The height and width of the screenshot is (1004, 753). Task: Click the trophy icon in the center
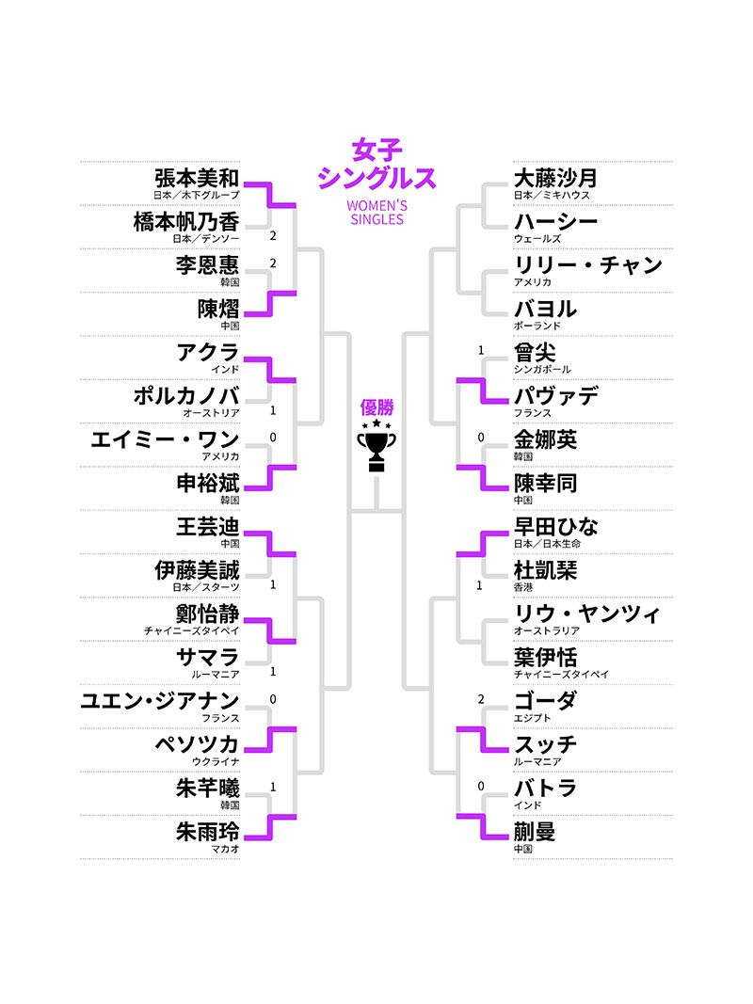tap(376, 445)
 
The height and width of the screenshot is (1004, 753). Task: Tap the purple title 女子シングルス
tap(376, 165)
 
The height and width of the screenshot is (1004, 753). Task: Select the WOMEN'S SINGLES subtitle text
tap(376, 213)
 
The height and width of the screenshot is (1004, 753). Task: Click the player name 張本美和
tap(197, 177)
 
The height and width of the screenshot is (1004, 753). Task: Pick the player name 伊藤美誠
tap(197, 570)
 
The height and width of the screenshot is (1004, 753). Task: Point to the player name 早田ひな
tap(555, 526)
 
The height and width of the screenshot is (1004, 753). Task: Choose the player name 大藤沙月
tap(555, 177)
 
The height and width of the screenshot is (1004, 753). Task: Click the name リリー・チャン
tap(587, 264)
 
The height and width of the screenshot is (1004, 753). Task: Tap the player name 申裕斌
tap(207, 483)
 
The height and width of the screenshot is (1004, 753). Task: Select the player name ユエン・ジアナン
tap(160, 700)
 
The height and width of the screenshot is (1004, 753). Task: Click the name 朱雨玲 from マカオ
tap(207, 831)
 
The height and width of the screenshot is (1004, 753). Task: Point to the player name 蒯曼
tap(535, 831)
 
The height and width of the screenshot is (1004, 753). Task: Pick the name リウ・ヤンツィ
tap(586, 614)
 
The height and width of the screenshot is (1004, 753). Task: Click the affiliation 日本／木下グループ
tap(196, 195)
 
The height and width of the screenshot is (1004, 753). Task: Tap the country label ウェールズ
tap(537, 239)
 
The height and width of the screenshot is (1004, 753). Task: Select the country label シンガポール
tap(542, 370)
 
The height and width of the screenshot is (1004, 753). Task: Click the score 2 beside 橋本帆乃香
tap(273, 235)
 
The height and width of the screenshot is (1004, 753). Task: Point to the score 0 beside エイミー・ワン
tap(273, 438)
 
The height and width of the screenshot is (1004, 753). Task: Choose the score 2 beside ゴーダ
tap(481, 699)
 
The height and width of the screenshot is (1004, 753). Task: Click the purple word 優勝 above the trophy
tap(376, 407)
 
